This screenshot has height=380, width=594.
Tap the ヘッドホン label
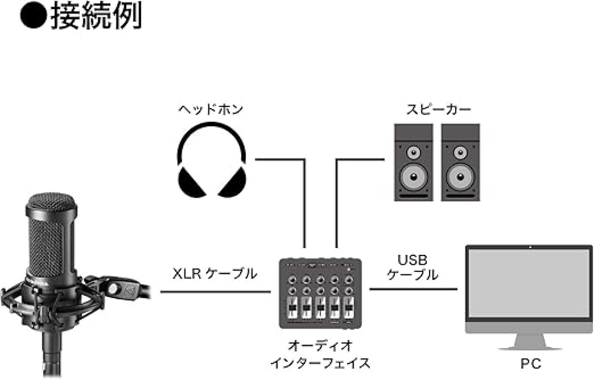point(211,110)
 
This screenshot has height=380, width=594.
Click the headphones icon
point(212,160)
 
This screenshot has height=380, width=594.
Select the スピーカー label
point(439,110)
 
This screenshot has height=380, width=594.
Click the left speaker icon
point(413,162)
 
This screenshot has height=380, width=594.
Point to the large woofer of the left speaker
point(413,176)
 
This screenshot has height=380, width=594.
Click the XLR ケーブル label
point(215,274)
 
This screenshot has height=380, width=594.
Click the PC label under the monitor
point(530,364)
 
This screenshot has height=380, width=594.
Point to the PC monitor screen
point(529,283)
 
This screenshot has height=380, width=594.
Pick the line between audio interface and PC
point(413,289)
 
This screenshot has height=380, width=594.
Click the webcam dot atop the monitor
point(529,246)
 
